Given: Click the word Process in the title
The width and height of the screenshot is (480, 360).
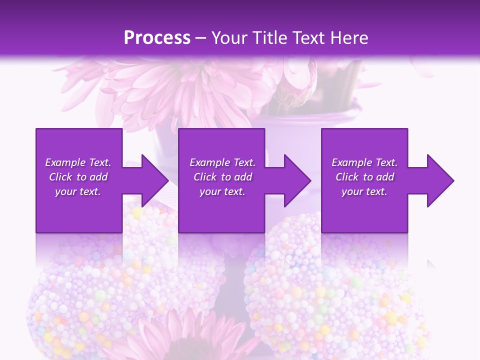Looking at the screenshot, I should pos(157,38).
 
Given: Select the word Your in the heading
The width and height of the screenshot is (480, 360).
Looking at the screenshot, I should pos(228,38).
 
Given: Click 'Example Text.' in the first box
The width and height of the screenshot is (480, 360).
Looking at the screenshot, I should pos(78,162).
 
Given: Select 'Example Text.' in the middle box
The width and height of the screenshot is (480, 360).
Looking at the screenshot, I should pos(222,162).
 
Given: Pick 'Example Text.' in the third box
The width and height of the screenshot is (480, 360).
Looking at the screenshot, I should pos(364,162).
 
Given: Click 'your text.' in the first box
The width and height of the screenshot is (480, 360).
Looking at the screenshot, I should pos(78,191).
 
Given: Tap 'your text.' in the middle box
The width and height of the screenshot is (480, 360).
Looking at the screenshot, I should pos(222,191).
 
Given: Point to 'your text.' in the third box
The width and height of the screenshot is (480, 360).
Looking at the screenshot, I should pos(364,191).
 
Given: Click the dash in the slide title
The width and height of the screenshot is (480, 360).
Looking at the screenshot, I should pos(201,38).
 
